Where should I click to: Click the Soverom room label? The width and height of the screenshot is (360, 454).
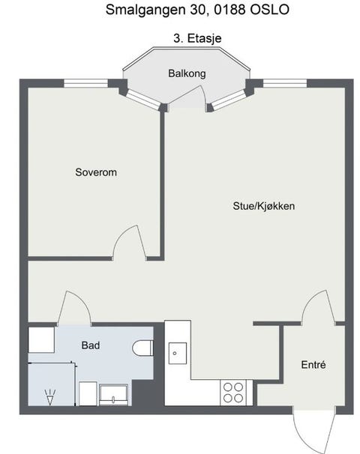point(96,172)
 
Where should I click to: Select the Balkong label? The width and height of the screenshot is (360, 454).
point(187,73)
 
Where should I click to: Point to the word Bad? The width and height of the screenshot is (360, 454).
point(91,345)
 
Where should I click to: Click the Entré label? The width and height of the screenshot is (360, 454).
point(313,366)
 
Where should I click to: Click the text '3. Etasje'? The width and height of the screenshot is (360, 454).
point(198,37)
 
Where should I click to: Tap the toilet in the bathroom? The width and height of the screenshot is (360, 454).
point(143,348)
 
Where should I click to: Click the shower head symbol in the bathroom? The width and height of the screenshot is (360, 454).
point(51,396)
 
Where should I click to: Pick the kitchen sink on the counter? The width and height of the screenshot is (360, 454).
point(178,351)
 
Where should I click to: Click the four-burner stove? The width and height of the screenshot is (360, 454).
point(233,392)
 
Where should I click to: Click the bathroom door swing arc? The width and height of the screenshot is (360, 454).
point(74,307)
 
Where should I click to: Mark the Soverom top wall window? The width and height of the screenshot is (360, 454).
point(84,82)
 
